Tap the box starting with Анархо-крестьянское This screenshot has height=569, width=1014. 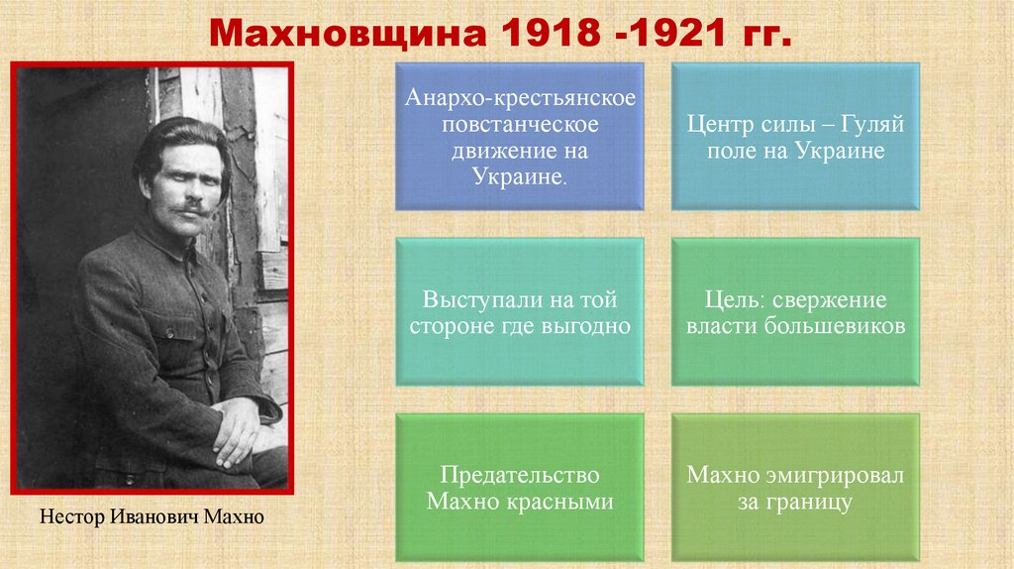click(x=520, y=137)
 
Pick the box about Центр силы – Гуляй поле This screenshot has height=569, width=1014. click(x=796, y=137)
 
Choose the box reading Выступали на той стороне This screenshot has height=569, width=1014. click(x=520, y=311)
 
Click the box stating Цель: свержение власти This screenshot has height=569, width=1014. click(x=796, y=311)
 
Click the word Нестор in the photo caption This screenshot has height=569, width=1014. click(x=70, y=517)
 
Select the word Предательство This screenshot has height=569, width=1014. click(x=520, y=475)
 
